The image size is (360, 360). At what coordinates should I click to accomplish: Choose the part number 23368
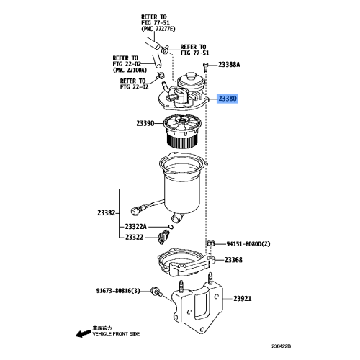click(x=233, y=260)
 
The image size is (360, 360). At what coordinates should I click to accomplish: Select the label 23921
click(x=243, y=297)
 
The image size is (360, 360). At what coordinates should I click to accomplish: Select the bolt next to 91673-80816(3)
click(x=155, y=292)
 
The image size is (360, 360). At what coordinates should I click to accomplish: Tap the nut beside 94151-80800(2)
click(x=212, y=244)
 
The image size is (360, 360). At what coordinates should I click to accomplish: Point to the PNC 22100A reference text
click(x=130, y=70)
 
